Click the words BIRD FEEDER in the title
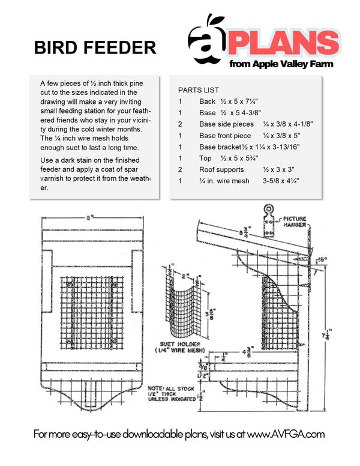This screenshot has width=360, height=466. click(x=95, y=47)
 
